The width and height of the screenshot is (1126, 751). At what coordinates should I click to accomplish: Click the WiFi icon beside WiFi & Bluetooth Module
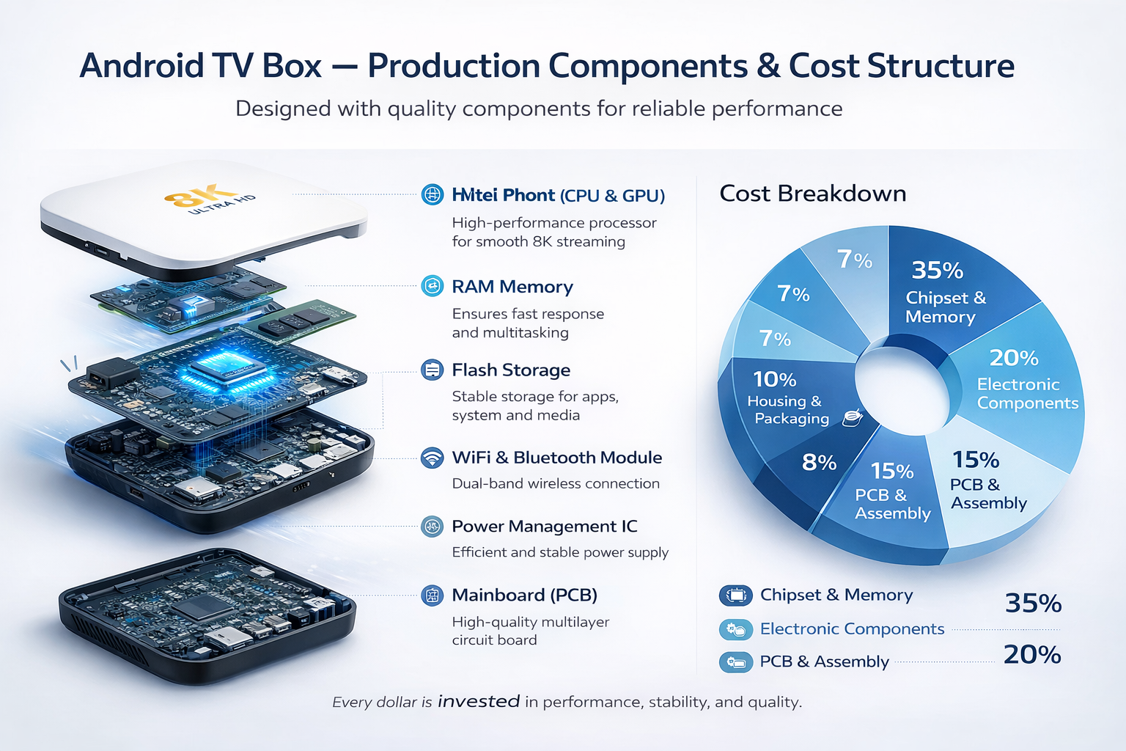pos(433,458)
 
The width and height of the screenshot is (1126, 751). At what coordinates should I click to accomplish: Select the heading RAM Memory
pos(512,287)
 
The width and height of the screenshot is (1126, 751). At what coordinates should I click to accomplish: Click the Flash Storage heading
pos(510,370)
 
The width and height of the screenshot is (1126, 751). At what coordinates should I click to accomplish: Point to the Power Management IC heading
pos(544,527)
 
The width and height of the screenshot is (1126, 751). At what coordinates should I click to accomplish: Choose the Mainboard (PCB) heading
pos(524,595)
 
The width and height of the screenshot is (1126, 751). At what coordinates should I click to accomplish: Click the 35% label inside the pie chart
pos(937,271)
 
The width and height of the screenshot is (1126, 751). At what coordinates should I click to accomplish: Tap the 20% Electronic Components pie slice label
pos(1014,358)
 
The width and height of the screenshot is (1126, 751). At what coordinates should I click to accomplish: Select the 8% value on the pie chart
pos(819,463)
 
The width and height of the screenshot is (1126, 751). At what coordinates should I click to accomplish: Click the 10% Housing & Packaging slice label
pos(775,380)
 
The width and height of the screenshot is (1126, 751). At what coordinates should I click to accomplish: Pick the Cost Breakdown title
pos(812,194)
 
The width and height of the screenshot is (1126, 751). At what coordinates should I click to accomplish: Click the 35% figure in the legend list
pos(1033,604)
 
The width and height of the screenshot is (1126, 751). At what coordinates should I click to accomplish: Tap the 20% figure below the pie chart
pos(1031,654)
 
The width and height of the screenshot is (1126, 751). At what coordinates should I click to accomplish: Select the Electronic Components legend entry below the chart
pos(852,629)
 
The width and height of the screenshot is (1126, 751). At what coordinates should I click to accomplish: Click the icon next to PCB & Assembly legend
pos(735,662)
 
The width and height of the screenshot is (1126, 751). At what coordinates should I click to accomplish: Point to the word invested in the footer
pos(479,702)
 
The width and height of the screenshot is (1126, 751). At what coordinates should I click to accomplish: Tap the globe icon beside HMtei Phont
pos(433,195)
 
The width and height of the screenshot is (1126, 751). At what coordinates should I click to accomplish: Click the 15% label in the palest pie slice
pos(975,460)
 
